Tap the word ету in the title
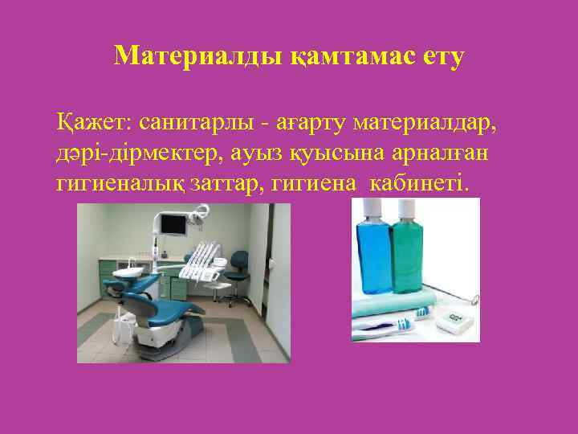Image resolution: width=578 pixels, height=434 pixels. tap(437, 56)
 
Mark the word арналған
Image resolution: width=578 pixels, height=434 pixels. tap(434, 154)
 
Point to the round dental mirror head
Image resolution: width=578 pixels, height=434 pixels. tap(474, 301)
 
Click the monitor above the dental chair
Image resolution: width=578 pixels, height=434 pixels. tap(173, 223)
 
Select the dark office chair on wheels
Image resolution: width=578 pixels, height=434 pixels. tap(238, 265)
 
